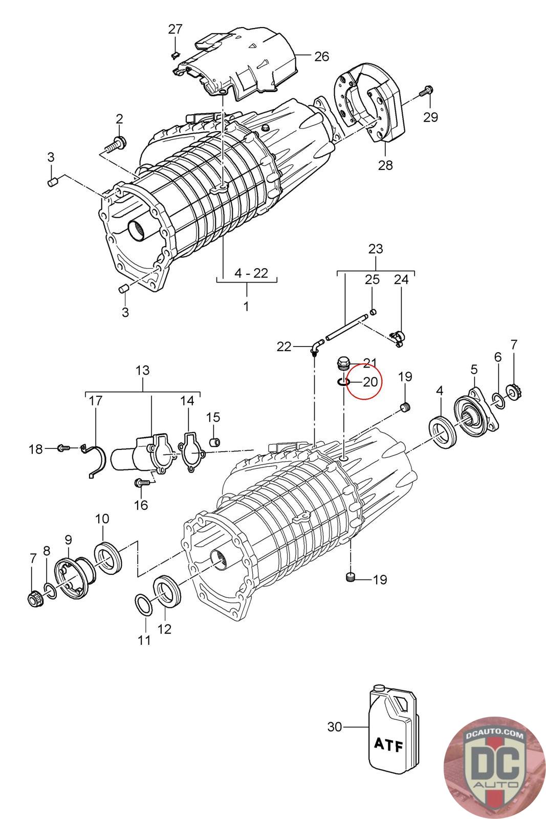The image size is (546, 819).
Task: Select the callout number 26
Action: click(321, 56)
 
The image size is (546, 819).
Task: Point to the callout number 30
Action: click(334, 726)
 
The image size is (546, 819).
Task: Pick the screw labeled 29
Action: click(426, 92)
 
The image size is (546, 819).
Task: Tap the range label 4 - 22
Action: click(251, 273)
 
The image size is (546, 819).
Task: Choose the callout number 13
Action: click(143, 370)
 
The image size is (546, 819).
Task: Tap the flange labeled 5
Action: click(475, 415)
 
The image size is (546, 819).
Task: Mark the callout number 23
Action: click(376, 249)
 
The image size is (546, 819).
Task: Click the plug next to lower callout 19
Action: click(351, 578)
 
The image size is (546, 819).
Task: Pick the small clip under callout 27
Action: click(174, 54)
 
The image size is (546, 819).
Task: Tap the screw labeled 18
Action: click(64, 448)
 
